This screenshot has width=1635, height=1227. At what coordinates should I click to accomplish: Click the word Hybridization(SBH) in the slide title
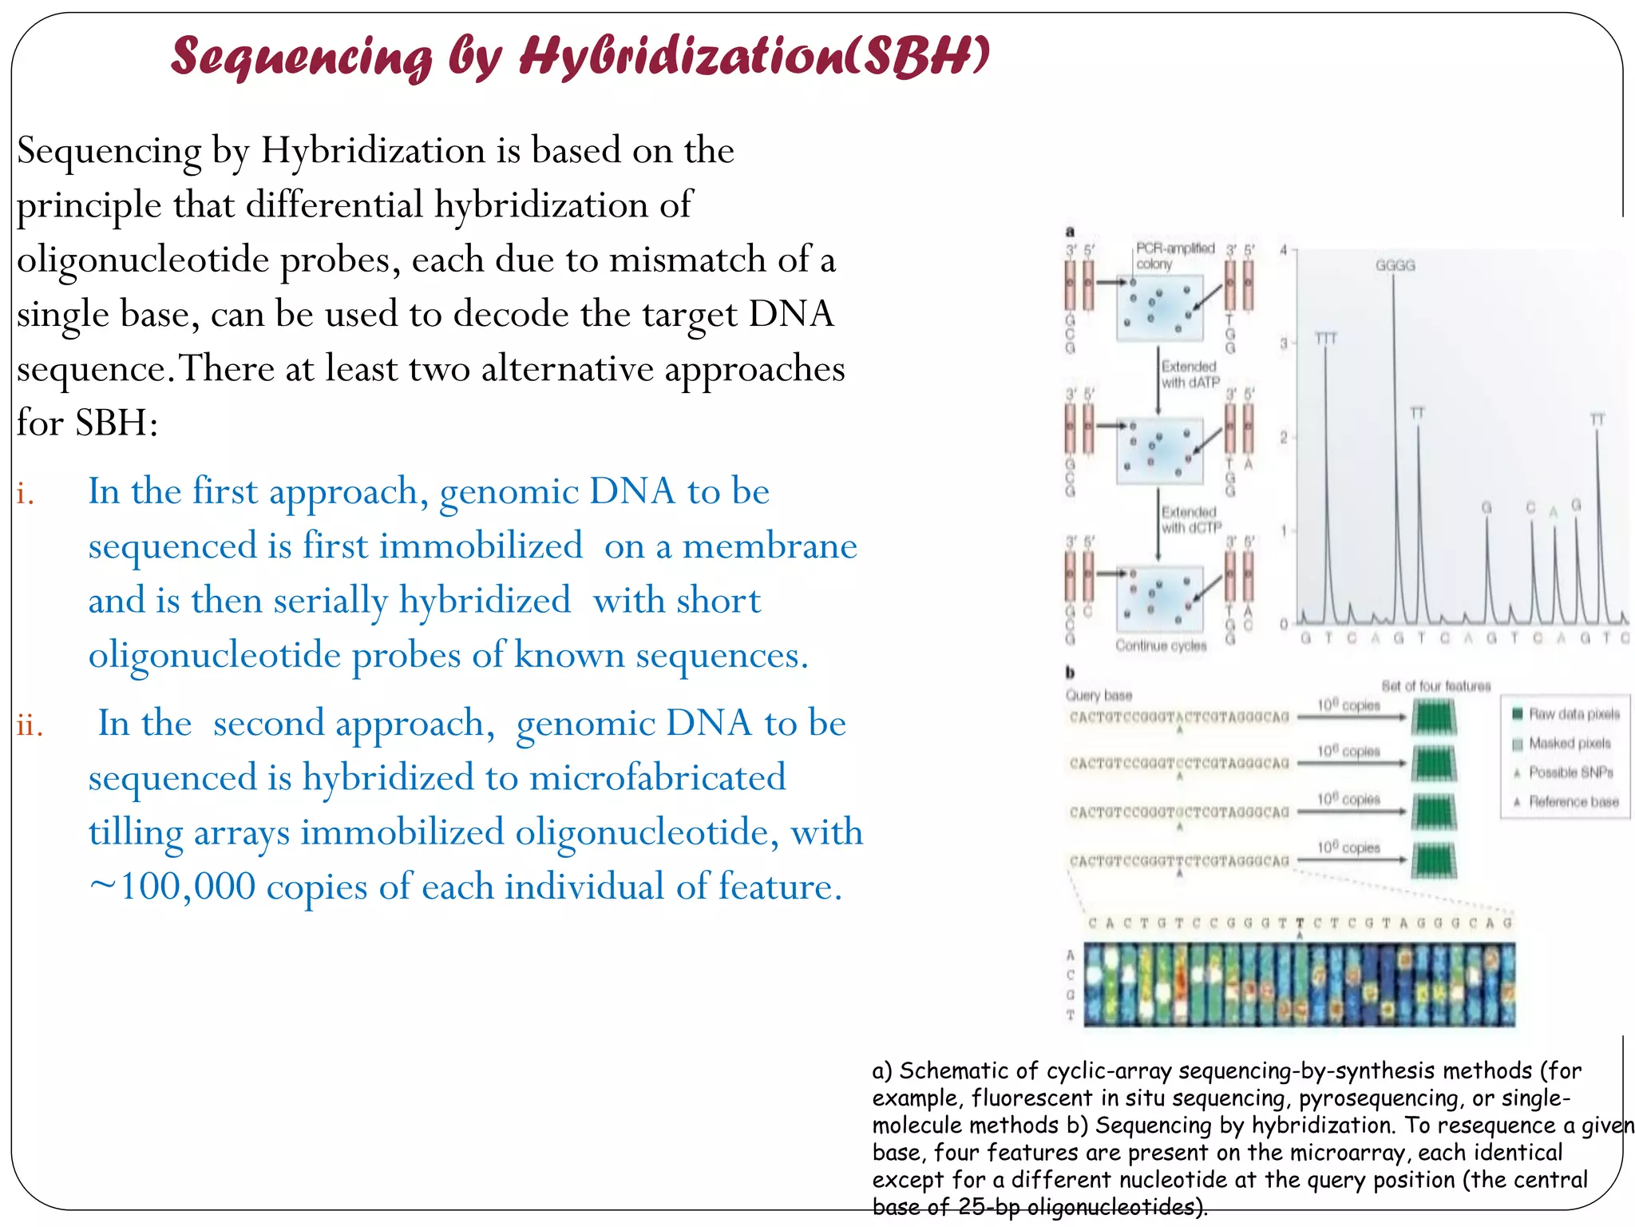(754, 56)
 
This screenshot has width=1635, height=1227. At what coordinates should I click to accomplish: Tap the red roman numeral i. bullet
(26, 494)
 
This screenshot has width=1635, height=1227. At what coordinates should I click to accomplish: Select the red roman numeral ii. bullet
(30, 725)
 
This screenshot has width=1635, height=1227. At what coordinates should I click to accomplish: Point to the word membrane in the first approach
(770, 546)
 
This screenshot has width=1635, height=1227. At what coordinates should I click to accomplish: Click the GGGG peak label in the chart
(1395, 265)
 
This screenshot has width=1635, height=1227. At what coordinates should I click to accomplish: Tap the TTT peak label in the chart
(1325, 339)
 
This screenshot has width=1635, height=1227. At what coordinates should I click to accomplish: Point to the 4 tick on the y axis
(1284, 250)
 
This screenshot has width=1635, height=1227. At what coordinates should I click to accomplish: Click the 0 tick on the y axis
(1284, 624)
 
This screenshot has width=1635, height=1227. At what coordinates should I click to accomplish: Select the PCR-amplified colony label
(1174, 256)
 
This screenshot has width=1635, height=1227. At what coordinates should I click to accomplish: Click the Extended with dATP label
(1190, 374)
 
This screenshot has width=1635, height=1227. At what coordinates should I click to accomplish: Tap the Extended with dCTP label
(1190, 519)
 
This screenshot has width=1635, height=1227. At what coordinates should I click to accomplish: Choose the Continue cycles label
(1161, 645)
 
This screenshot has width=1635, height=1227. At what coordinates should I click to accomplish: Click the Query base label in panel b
(1099, 695)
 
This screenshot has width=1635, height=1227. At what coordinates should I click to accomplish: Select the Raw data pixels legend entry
(1574, 714)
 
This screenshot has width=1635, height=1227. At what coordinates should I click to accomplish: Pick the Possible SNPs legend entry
(1570, 772)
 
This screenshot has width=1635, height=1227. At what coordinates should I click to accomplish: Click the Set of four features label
(1435, 686)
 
